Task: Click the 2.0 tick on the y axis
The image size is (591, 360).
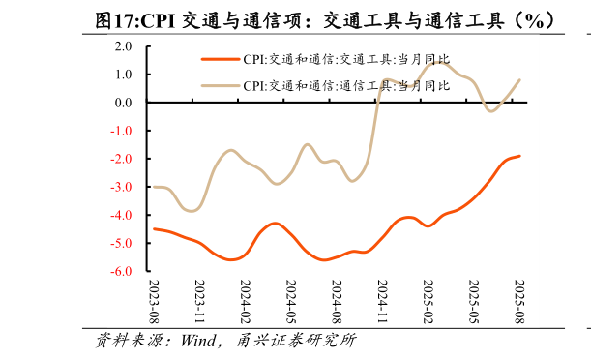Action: click(124, 45)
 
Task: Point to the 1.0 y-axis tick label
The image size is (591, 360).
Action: click(124, 74)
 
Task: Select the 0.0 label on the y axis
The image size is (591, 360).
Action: click(124, 102)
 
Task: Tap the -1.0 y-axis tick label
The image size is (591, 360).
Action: click(122, 131)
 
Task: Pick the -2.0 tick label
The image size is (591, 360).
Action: click(122, 159)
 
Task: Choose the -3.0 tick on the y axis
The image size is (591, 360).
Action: click(122, 187)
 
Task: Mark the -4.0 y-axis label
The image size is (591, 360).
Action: click(122, 215)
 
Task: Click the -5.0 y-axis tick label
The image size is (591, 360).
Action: click(122, 244)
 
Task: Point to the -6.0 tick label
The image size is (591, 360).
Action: click(122, 272)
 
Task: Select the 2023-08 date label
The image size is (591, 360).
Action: click(154, 301)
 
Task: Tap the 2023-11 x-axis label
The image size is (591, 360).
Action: click(199, 301)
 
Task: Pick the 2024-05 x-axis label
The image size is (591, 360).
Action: click(291, 301)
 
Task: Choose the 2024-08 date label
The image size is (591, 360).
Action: click(337, 301)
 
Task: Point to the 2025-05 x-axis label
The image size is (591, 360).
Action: click(474, 301)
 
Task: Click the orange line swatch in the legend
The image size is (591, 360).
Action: click(220, 59)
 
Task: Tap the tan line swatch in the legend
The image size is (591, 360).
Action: click(220, 85)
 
